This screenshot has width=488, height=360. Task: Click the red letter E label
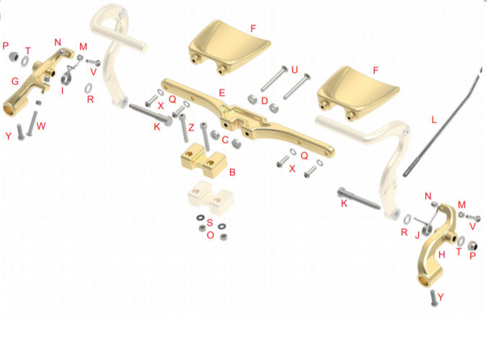pos(221,93)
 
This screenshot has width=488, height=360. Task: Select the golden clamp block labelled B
pos(203,160)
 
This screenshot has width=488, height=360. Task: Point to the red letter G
pos(15,82)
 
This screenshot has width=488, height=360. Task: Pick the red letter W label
pos(41,126)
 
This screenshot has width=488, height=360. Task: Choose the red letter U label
pos(294,70)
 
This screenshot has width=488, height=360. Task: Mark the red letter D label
pos(265,100)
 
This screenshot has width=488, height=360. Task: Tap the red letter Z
pos(191,127)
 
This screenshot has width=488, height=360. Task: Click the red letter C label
pos(225,140)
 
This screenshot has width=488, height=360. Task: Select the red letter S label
pos(210,222)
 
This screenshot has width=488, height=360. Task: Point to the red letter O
pos(210,235)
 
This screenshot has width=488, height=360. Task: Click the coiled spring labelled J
pos(424,225)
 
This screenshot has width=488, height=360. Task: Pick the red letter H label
pos(442,255)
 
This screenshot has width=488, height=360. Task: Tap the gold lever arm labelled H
pos(435,246)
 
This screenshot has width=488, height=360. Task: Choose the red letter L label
pos(434,120)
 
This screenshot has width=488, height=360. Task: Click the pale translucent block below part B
pos(210,198)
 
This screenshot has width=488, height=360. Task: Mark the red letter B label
pos(232,172)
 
